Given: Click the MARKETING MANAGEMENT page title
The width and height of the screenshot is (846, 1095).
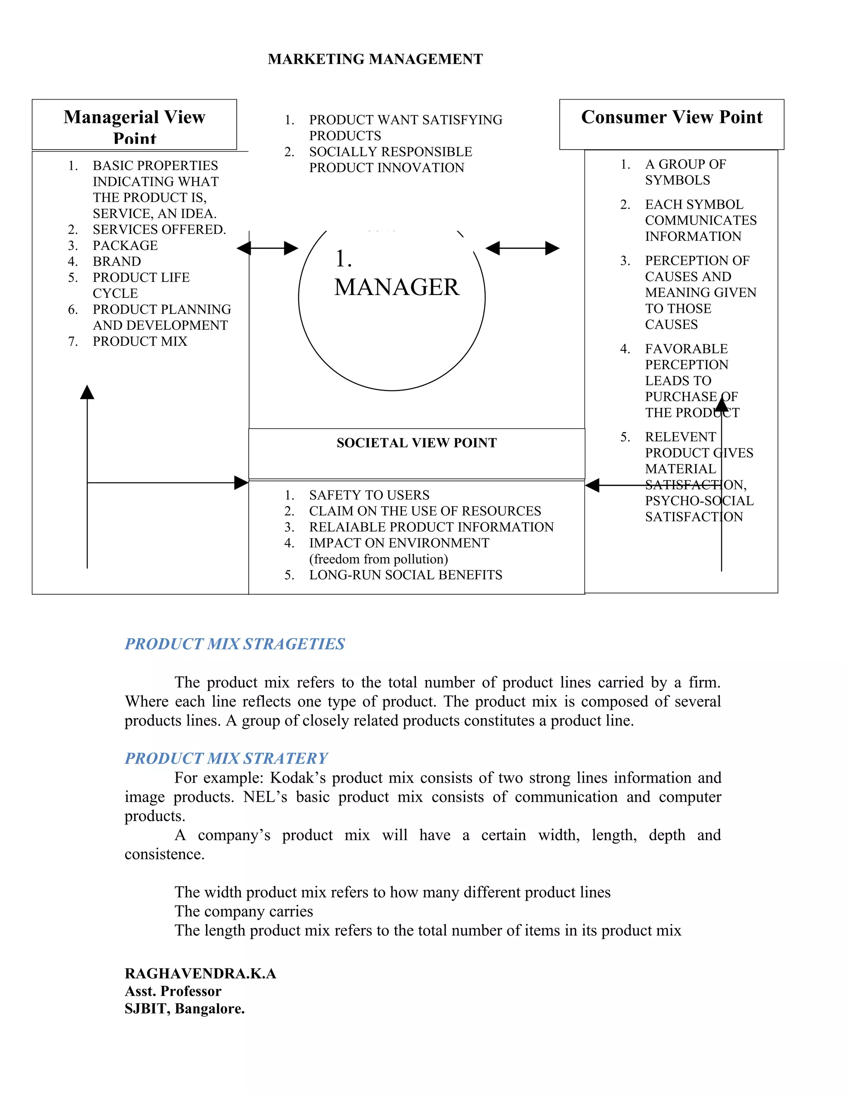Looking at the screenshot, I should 375,59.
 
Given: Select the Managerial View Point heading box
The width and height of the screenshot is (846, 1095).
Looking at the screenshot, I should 134,124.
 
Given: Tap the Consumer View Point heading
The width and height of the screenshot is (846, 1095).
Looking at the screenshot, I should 671,117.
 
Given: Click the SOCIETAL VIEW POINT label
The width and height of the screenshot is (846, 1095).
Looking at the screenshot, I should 416,443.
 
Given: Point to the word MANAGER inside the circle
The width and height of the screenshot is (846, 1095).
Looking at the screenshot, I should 397,287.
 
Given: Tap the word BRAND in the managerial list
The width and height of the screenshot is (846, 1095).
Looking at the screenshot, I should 117,261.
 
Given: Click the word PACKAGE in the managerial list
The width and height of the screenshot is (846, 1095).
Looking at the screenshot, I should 125,245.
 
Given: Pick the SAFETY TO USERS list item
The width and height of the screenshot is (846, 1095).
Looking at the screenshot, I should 369,495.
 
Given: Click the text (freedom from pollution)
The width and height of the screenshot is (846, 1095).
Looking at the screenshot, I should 378,559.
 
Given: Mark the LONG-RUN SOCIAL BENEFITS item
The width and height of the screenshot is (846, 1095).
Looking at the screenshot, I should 406,575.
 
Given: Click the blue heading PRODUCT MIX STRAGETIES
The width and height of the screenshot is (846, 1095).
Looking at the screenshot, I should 235,644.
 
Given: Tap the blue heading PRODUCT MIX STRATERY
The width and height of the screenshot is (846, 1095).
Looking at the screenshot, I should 226,758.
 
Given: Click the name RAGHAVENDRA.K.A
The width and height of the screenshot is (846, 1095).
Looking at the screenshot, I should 200,973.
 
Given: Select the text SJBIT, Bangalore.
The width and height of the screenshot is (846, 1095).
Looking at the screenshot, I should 184,1008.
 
